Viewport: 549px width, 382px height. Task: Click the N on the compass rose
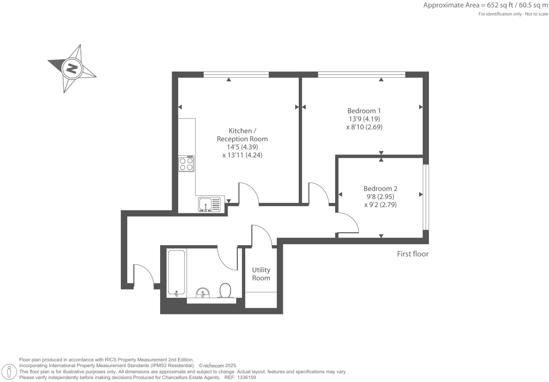tap(72, 68)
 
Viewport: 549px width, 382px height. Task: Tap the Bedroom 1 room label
tap(364, 111)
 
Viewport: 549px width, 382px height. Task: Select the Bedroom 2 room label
tap(380, 189)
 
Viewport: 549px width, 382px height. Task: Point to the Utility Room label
tap(261, 274)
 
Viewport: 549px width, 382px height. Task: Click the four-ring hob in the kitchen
tap(186, 164)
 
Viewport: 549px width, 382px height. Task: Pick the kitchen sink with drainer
tap(210, 204)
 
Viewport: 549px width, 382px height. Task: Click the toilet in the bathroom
tap(225, 290)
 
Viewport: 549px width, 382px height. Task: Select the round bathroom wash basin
tap(203, 293)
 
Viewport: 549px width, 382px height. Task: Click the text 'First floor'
tap(413, 254)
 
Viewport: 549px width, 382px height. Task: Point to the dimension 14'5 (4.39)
tap(242, 147)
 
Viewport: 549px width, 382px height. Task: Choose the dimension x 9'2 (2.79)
tap(380, 205)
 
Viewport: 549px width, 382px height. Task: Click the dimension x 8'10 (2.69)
tap(364, 127)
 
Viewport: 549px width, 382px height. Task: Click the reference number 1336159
tap(246, 378)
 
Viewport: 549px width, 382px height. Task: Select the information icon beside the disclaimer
tap(9, 372)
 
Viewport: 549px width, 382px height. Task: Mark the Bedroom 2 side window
tap(426, 197)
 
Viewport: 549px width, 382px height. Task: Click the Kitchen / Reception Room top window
tap(236, 74)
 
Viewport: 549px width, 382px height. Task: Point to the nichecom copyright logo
tap(214, 366)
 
